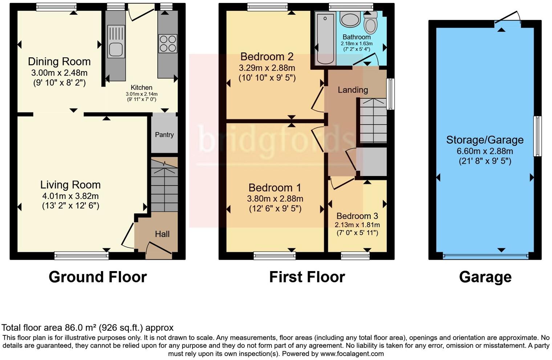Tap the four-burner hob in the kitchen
coord(168,43)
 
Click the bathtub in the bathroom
coord(325,38)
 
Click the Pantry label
coord(164,135)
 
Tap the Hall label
coord(162,234)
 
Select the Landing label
coord(353,90)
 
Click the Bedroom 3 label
coord(357,216)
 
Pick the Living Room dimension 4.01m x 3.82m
coord(70,196)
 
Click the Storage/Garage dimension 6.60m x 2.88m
coord(485,151)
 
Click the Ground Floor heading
coord(97,277)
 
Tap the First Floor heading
coord(307,277)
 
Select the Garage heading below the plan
coord(485,277)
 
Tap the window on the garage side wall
coord(537,136)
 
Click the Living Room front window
coord(81,256)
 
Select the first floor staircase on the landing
coord(373,120)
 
